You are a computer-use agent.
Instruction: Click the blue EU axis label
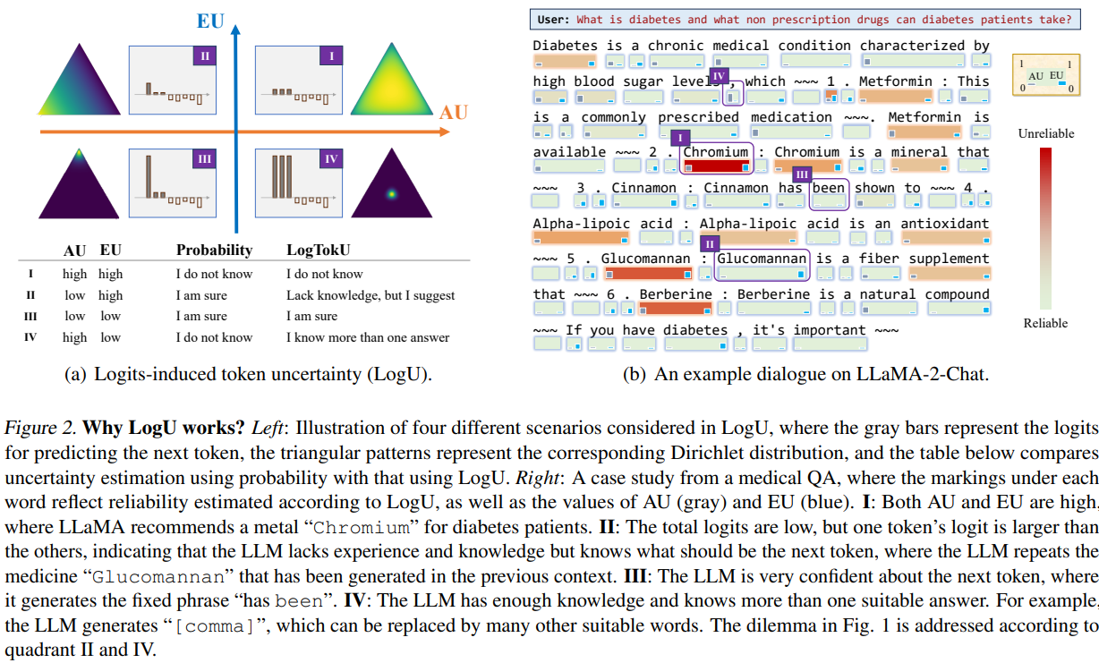[x=211, y=20]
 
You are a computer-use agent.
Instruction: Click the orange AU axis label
[x=453, y=113]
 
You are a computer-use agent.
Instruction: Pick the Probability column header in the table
[x=214, y=250]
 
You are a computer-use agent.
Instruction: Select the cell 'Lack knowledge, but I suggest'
[x=371, y=295]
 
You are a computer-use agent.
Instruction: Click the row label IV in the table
[x=31, y=337]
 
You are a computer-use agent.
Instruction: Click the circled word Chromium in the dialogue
[x=717, y=152]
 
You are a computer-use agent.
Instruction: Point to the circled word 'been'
[x=828, y=188]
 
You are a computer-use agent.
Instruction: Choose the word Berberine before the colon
[x=676, y=294]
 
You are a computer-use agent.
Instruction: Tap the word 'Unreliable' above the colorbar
[x=1045, y=133]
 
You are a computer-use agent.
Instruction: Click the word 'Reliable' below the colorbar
[x=1045, y=322]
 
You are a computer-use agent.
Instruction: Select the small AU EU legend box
[x=1045, y=75]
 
